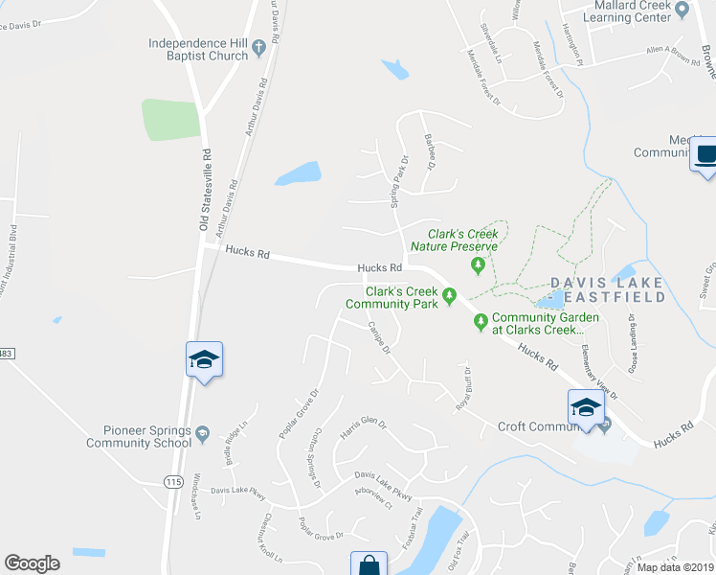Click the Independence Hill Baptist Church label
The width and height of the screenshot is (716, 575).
[198, 49]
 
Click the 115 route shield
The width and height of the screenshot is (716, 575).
[172, 480]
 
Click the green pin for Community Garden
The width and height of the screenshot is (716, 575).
[481, 324]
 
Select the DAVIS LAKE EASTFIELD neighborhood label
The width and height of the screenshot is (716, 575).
[609, 290]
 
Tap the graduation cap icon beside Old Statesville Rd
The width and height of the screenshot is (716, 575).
[204, 359]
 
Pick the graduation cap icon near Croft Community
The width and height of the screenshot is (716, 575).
[586, 408]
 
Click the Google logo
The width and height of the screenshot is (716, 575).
[32, 563]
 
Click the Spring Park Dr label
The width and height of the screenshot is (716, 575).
[398, 181]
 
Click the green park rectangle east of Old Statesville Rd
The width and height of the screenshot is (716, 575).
[170, 120]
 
